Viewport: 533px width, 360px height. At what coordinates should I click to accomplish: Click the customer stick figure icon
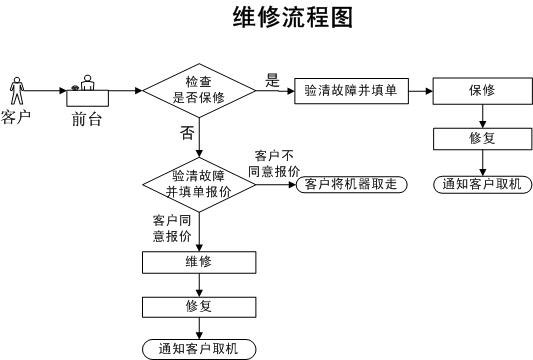point(16,90)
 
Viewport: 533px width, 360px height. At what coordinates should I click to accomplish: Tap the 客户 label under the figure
point(16,119)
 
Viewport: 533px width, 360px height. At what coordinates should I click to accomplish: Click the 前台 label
point(87,119)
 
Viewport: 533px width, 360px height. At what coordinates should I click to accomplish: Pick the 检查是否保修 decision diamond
point(200,90)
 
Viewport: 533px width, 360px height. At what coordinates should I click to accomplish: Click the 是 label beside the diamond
point(272,80)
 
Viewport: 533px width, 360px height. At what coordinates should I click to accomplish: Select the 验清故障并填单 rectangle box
point(349,90)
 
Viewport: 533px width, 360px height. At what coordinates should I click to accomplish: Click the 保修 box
point(482,90)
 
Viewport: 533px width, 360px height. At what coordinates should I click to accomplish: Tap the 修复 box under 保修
point(482,138)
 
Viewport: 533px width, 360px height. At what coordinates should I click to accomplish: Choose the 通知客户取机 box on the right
point(482,184)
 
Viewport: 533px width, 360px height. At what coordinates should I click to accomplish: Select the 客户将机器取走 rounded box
point(350,184)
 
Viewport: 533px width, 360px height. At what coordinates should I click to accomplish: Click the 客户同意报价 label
point(172,227)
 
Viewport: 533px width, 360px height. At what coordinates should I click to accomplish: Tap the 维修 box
point(199,262)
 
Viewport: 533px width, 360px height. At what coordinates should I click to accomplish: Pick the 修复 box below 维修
point(199,305)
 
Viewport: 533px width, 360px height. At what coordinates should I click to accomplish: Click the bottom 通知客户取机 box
point(199,348)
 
